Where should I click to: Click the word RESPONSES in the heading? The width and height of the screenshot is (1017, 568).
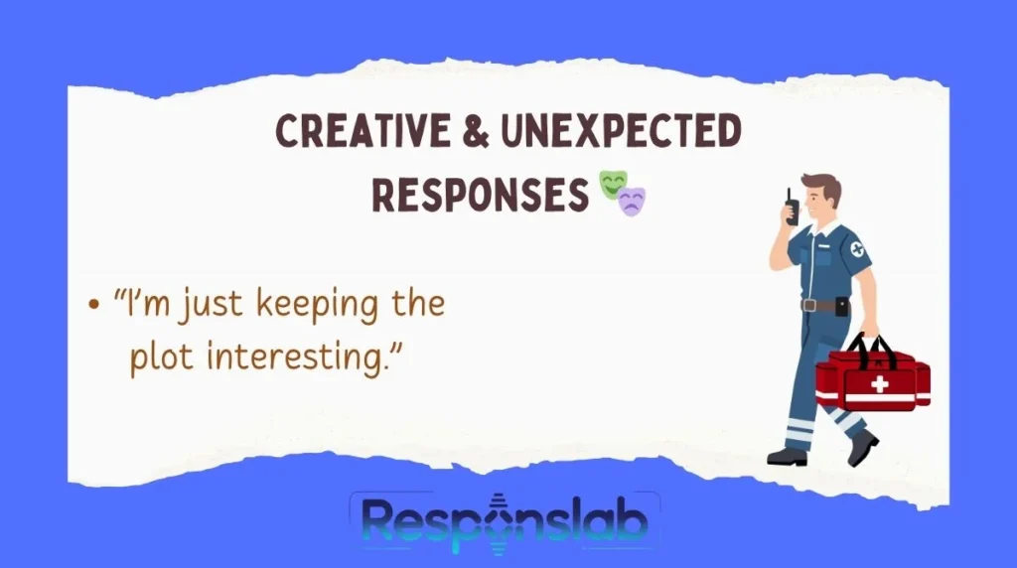[481, 193]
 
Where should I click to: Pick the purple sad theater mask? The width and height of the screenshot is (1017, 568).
[632, 201]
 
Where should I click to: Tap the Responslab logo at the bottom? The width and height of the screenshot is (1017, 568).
[505, 524]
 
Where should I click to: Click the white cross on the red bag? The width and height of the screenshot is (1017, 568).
[879, 384]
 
